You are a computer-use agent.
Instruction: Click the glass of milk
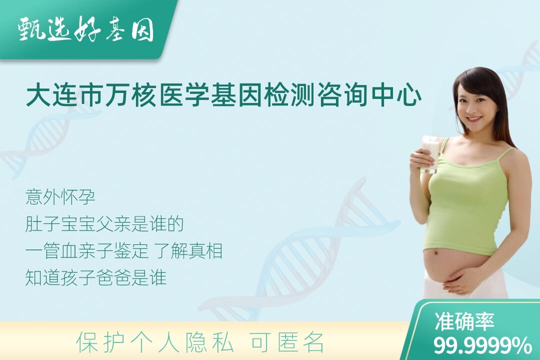click(431, 153)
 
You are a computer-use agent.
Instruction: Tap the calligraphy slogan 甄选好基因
click(86, 29)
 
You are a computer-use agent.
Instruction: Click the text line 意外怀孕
click(60, 197)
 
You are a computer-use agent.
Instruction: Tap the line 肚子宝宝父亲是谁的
click(104, 224)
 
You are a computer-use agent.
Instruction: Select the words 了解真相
click(188, 251)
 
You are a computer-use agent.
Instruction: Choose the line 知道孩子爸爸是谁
click(96, 277)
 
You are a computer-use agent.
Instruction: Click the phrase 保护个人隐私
click(155, 342)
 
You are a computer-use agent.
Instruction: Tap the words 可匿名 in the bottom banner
click(287, 342)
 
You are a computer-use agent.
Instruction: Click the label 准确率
click(464, 321)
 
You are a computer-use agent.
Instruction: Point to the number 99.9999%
click(482, 345)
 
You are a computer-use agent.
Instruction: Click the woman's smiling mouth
click(474, 119)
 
